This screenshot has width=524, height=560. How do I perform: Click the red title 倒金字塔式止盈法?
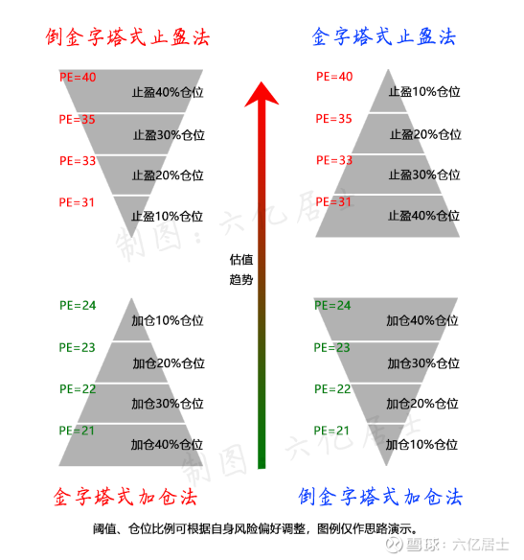(x=127, y=37)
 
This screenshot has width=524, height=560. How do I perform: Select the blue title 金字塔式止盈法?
(x=384, y=36)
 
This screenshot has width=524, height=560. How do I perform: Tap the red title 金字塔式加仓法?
(x=125, y=497)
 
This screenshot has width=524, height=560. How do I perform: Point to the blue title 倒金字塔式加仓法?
(x=380, y=497)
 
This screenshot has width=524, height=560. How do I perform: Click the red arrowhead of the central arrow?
(x=262, y=94)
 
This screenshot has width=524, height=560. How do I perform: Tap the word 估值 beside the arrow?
(x=241, y=260)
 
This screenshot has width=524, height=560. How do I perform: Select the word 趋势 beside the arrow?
(x=241, y=279)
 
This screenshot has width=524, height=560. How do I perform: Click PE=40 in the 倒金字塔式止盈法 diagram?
(x=78, y=77)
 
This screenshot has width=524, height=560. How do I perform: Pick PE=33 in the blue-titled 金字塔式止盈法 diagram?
(x=334, y=160)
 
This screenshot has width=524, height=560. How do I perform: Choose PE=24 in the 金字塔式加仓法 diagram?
(x=78, y=305)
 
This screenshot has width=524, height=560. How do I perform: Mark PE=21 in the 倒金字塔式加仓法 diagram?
(x=331, y=431)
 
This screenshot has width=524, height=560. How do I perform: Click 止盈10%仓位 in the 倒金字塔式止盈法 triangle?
(x=167, y=217)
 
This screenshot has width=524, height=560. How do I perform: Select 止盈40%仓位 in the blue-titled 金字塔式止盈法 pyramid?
(x=423, y=216)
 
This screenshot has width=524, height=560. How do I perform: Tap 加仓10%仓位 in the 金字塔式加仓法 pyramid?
(x=168, y=320)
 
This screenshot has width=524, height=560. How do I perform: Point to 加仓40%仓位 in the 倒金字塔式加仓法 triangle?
(x=422, y=320)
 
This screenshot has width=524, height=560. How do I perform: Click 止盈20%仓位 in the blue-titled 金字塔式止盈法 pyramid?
(x=425, y=134)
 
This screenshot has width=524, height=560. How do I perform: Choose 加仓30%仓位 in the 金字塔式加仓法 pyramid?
(x=168, y=404)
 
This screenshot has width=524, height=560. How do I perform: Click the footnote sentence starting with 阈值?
(x=256, y=528)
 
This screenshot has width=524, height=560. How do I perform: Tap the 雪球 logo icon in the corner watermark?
(x=394, y=545)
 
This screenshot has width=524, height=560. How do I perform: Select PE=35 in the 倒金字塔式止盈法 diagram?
(x=77, y=119)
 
